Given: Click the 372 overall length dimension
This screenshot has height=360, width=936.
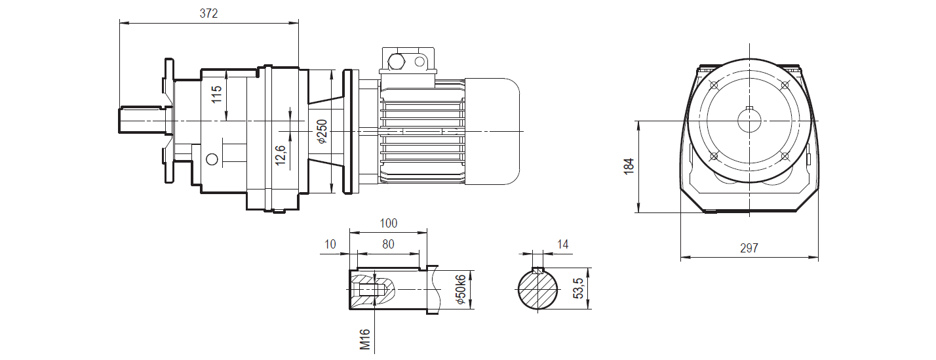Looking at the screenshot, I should [209, 13].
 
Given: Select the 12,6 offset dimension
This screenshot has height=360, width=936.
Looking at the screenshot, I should [281, 155].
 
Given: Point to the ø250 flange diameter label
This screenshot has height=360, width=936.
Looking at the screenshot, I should [321, 131].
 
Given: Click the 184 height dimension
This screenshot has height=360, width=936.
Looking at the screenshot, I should [629, 167].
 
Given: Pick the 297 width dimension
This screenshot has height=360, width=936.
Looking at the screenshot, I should [749, 248].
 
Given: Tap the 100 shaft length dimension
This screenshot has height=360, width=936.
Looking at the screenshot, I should [389, 224].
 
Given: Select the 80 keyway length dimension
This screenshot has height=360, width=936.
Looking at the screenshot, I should [388, 244].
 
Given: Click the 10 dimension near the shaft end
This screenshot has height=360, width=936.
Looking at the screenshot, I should [330, 244].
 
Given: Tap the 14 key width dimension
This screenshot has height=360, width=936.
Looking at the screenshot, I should [562, 245].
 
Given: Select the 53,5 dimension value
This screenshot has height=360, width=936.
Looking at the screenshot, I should [578, 289].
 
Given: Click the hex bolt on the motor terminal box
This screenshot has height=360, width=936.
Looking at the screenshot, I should [397, 62].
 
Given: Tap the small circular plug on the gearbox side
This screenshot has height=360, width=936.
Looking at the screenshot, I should [211, 159].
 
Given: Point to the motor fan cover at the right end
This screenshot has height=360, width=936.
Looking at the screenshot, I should [492, 131].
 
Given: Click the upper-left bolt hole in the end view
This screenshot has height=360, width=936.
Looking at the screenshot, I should [714, 85].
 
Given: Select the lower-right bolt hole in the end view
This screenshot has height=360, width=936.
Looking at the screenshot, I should [784, 156].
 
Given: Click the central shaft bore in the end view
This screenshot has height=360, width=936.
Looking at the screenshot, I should [749, 121].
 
